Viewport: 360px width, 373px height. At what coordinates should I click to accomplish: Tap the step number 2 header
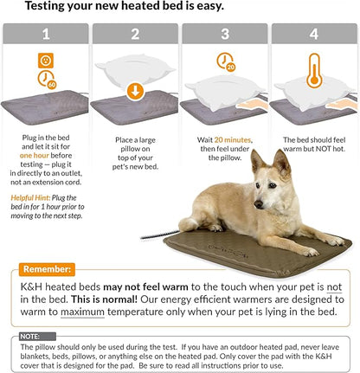tap(134, 35)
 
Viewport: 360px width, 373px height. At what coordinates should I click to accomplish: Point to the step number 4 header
tap(313, 35)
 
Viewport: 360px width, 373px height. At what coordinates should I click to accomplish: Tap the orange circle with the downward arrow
tap(134, 91)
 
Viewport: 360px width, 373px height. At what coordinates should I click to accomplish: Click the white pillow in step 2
tap(134, 69)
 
